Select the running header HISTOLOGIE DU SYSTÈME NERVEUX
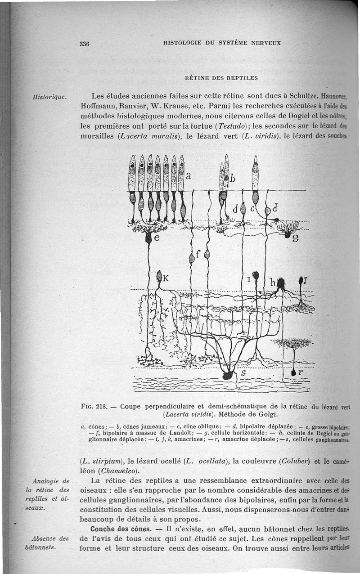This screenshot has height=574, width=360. (222, 43)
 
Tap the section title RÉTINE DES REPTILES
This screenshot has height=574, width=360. (221, 77)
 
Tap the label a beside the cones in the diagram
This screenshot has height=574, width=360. (189, 176)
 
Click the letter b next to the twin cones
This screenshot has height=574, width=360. (233, 179)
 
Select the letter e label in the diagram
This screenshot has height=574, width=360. (157, 239)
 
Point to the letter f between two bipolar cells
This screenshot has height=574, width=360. (198, 253)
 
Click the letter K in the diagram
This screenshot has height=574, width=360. (165, 278)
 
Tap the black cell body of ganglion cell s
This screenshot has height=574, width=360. (228, 375)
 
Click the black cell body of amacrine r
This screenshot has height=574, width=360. (294, 372)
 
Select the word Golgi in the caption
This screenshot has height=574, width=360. (268, 414)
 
